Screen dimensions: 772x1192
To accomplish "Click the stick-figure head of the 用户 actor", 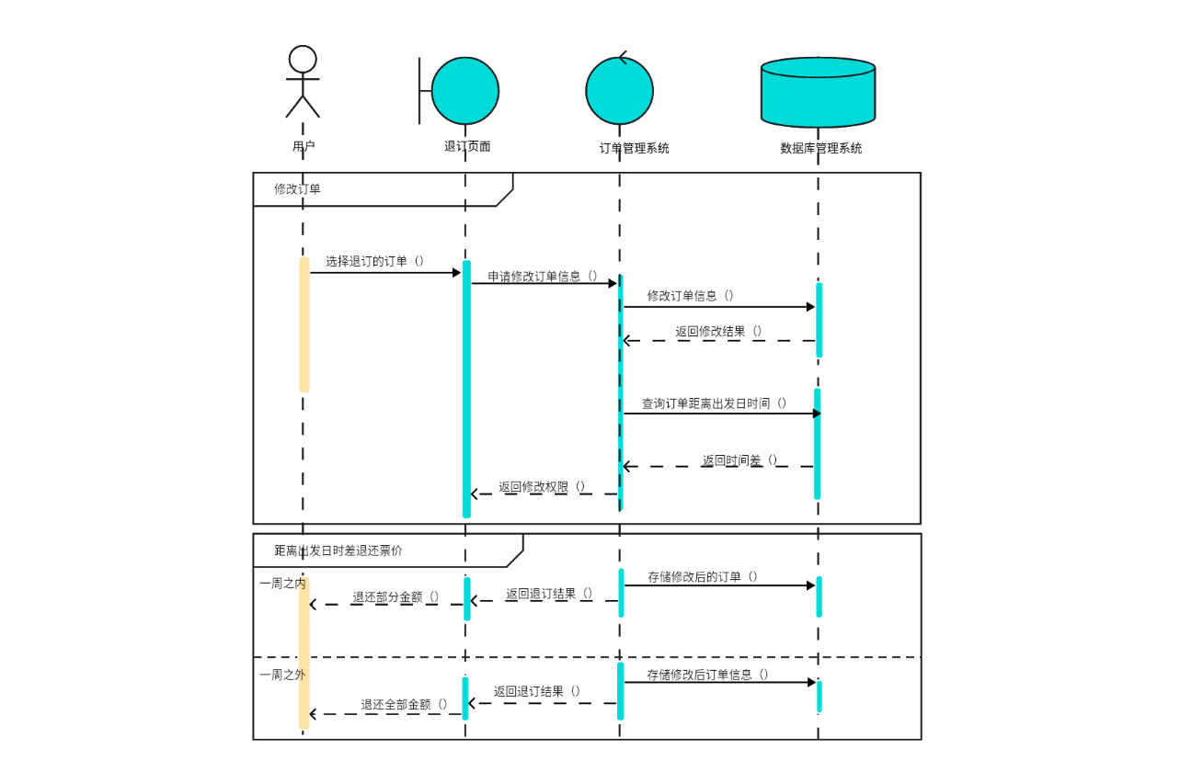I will pyautogui.click(x=303, y=59).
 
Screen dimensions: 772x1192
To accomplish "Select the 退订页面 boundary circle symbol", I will pyautogui.click(x=464, y=91).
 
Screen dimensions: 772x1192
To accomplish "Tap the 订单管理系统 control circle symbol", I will pyautogui.click(x=619, y=91).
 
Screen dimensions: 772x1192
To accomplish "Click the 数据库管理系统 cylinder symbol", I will pyautogui.click(x=818, y=92).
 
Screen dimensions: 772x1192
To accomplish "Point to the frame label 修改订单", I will pyautogui.click(x=297, y=189).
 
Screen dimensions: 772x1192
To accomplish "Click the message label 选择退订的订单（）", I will pyautogui.click(x=375, y=261).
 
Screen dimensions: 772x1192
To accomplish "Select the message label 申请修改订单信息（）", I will pyautogui.click(x=543, y=276).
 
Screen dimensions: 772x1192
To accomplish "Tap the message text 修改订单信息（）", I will pyautogui.click(x=691, y=296).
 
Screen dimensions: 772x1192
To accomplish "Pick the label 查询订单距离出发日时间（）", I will pyautogui.click(x=715, y=403).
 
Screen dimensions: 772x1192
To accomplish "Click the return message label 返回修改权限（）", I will pyautogui.click(x=543, y=487).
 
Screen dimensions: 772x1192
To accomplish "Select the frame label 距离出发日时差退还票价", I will pyautogui.click(x=338, y=551).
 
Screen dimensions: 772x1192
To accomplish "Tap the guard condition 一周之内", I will pyautogui.click(x=281, y=583).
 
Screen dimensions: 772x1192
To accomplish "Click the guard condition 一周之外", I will pyautogui.click(x=281, y=675).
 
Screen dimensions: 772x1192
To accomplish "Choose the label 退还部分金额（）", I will pyautogui.click(x=395, y=596).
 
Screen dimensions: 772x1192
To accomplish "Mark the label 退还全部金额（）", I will pyautogui.click(x=405, y=705).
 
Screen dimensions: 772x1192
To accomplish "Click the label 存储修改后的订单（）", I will pyautogui.click(x=703, y=577).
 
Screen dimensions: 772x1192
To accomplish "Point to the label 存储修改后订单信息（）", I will pyautogui.click(x=707, y=675).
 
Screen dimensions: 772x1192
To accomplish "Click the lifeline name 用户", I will pyautogui.click(x=304, y=146).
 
